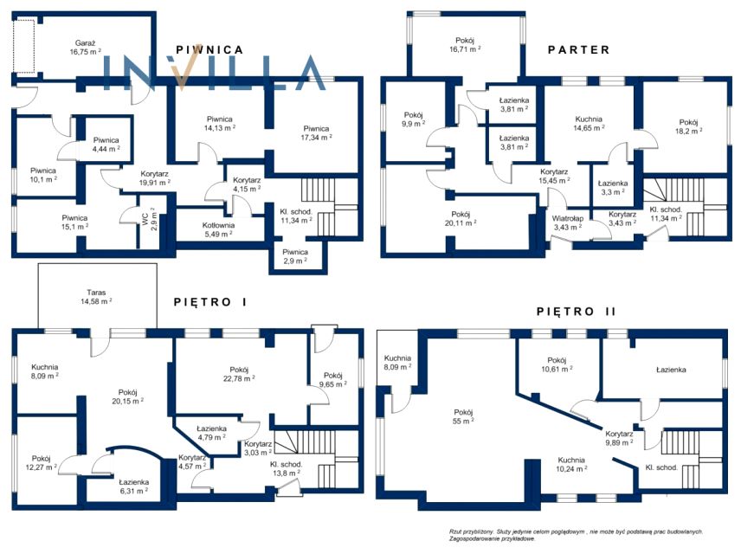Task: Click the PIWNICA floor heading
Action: pos(209,49)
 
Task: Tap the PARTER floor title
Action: pos(579,49)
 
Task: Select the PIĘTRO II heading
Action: pos(576,312)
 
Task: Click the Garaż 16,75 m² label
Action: pos(85,48)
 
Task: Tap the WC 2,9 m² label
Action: pos(150,218)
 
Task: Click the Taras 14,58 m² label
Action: pos(96,297)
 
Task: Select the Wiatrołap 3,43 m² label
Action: pos(568,222)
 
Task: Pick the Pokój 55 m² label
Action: pos(463,416)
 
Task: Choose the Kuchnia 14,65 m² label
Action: pos(589,124)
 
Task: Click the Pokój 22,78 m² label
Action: pos(239,374)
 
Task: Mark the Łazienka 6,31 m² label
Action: pos(133,486)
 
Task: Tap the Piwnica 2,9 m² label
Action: pos(295,256)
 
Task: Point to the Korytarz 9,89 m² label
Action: pos(619,438)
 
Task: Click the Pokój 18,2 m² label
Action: pos(688,126)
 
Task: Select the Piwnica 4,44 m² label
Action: pos(106,145)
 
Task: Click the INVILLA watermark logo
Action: pos(214,73)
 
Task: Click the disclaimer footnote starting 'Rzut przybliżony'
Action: pos(576,535)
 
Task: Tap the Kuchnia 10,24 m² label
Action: pos(571,464)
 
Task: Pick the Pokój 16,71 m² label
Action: pos(465,44)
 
